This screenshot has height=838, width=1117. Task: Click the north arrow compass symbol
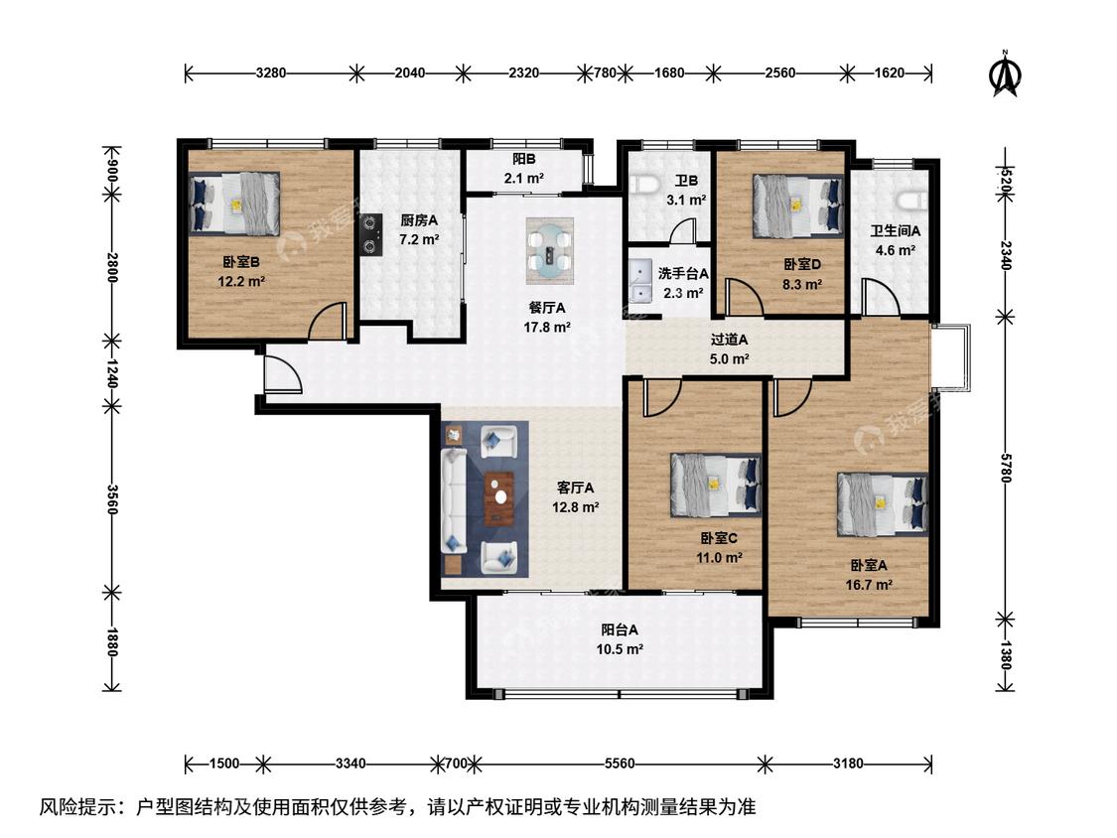pos(1005,73)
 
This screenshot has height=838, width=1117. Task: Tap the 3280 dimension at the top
pos(271,72)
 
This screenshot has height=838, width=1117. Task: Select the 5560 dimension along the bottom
pos(619,764)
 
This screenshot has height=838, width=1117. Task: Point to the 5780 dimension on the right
pos(1005,468)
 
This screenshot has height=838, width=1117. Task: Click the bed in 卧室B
pos(234,204)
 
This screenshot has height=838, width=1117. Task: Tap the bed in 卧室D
pos(798,206)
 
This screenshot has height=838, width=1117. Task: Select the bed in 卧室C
pos(715,485)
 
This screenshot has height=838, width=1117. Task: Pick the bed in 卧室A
pos(883,503)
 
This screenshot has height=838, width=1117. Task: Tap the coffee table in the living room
pos(499,497)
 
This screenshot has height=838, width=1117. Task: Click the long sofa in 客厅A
pos(453,500)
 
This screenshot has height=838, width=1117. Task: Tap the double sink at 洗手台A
pos(639,281)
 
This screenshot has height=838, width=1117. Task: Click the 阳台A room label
pos(619,629)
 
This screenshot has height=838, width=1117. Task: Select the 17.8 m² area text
pos(547,328)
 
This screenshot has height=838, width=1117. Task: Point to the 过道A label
pos(729,341)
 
